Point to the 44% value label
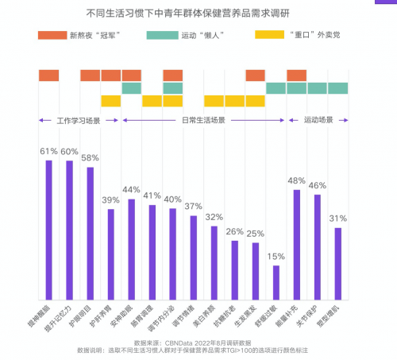click(131, 189)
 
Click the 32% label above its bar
click(214, 216)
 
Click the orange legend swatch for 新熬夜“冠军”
click(52, 36)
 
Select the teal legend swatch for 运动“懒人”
click(161, 36)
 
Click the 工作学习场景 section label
click(77, 121)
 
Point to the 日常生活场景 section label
click(202, 121)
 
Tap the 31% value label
click(337, 218)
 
